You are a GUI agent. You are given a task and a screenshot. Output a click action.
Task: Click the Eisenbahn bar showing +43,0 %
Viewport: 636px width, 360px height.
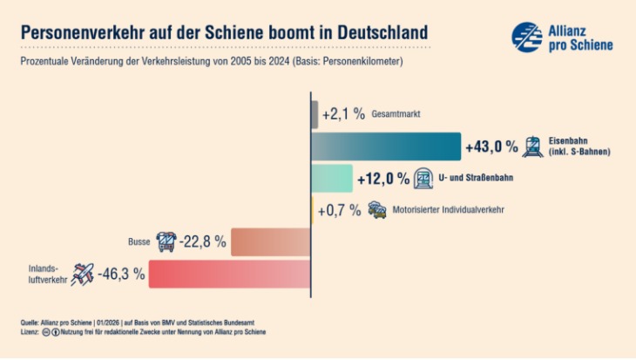pyautogui.click(x=385, y=146)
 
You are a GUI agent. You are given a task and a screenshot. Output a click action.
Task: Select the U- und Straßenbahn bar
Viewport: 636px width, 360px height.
pyautogui.click(x=332, y=178)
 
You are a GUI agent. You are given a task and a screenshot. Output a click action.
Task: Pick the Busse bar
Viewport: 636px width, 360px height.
pyautogui.click(x=271, y=241)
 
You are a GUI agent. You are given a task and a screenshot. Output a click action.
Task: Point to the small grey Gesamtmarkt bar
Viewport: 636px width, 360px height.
pyautogui.click(x=315, y=114)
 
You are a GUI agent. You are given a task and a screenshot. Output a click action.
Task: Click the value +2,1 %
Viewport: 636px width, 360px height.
pyautogui.click(x=342, y=115)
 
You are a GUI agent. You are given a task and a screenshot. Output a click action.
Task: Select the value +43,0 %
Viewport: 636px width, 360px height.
pyautogui.click(x=491, y=146)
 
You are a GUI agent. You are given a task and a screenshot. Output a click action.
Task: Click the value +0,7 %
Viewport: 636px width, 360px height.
pyautogui.click(x=339, y=210)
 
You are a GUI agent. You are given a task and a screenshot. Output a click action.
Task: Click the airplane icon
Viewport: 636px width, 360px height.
pyautogui.click(x=83, y=274)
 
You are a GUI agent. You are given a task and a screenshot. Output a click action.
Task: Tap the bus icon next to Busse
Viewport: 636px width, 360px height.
pyautogui.click(x=166, y=241)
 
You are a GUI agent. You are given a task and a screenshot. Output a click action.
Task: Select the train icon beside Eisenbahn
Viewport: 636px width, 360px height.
pyautogui.click(x=532, y=146)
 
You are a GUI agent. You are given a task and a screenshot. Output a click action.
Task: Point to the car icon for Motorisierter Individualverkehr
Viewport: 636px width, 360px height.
pyautogui.click(x=377, y=210)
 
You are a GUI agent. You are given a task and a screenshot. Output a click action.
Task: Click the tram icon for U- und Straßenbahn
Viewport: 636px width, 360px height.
pyautogui.click(x=423, y=178)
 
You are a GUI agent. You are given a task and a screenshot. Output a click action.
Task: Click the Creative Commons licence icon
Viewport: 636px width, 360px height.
pyautogui.click(x=46, y=332)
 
